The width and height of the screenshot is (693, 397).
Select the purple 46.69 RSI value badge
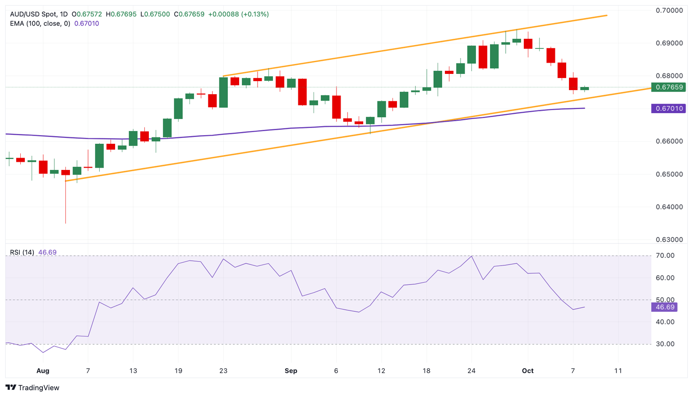665,307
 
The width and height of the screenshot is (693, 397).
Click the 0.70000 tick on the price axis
670,10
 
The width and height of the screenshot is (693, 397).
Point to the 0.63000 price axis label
670,240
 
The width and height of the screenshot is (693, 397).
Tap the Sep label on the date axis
291,371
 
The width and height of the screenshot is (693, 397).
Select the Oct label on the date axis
527,371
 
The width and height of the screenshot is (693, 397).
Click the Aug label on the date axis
43,371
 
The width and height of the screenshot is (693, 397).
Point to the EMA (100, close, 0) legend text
40,23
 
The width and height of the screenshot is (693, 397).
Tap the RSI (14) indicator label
22,252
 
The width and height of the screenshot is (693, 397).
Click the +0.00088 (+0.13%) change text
238,14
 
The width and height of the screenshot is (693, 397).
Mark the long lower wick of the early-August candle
65,201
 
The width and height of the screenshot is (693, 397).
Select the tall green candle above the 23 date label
223,92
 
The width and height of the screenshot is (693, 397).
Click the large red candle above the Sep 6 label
336,107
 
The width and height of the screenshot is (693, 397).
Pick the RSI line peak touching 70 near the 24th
471,256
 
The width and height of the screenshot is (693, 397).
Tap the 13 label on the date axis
133,371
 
